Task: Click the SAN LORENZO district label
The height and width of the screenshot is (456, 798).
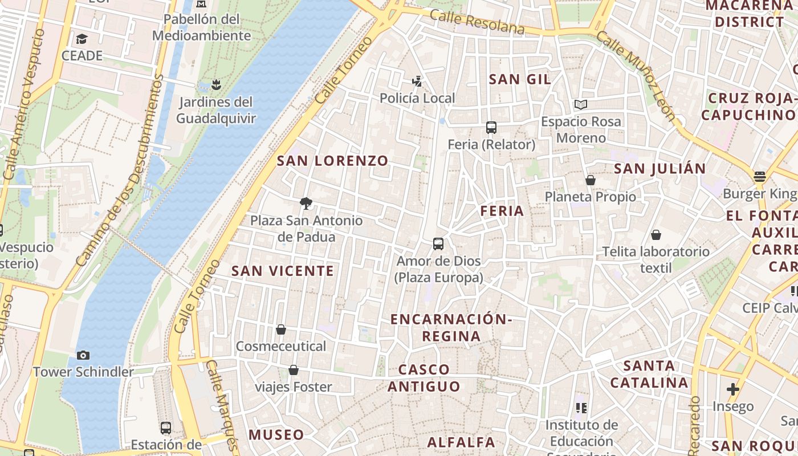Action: click(332, 161)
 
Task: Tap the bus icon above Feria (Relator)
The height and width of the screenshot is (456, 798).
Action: click(491, 128)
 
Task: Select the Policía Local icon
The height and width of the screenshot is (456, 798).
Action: click(417, 82)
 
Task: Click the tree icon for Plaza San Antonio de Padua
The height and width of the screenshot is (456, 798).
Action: click(306, 203)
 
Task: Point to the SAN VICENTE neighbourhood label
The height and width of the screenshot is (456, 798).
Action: click(283, 271)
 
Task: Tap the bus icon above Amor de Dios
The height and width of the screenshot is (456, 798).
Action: click(438, 244)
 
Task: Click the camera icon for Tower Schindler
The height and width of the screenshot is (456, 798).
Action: click(83, 356)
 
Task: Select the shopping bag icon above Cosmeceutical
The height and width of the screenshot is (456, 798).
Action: click(281, 329)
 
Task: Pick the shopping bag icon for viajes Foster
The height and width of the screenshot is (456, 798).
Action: click(294, 370)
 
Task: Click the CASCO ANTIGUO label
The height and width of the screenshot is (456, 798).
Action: click(424, 378)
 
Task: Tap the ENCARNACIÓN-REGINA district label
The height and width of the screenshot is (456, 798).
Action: click(451, 328)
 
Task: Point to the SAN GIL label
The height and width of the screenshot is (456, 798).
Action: click(520, 79)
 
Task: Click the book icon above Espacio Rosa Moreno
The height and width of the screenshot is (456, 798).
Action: click(581, 105)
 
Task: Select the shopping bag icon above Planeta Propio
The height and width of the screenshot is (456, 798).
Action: click(591, 180)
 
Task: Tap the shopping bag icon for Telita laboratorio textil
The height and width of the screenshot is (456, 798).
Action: click(656, 235)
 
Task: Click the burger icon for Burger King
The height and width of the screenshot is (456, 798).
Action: click(759, 177)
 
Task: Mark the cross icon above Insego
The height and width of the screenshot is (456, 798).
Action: click(733, 390)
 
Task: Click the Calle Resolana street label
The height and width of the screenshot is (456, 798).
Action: click(477, 22)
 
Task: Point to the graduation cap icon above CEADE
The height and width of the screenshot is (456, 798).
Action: click(82, 39)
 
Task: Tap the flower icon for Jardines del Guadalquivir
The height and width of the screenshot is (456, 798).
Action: click(215, 85)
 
